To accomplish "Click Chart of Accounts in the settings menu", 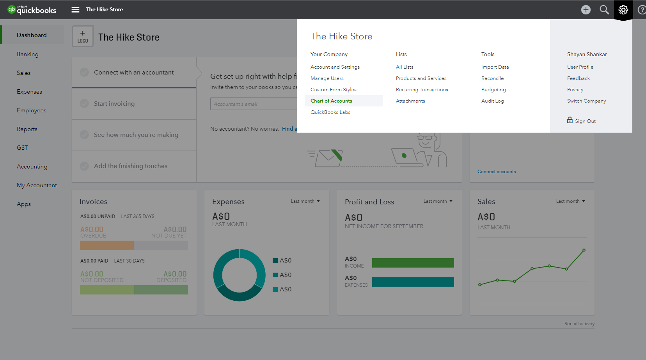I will (x=331, y=101).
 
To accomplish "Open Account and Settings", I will (x=335, y=67).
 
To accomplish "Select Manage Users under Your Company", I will (x=327, y=78).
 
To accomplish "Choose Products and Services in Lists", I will (x=421, y=78).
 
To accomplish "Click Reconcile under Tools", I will (x=492, y=78).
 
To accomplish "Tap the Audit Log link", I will (x=492, y=101).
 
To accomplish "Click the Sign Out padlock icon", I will (x=570, y=120).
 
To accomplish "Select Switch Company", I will (x=586, y=101).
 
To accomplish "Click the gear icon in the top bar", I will (x=623, y=10).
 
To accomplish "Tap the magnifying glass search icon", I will (x=604, y=10).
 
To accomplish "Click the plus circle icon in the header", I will (x=586, y=10).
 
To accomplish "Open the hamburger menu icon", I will (x=75, y=10).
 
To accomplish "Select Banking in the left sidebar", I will (x=28, y=54).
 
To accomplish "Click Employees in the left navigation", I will (x=32, y=110).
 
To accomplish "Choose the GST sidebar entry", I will (x=22, y=148).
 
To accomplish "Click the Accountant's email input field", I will (x=254, y=104).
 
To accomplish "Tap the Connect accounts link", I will (x=496, y=172).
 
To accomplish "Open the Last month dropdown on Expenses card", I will (x=305, y=201).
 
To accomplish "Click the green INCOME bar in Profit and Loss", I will (x=413, y=263).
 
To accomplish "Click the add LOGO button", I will (x=83, y=36).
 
